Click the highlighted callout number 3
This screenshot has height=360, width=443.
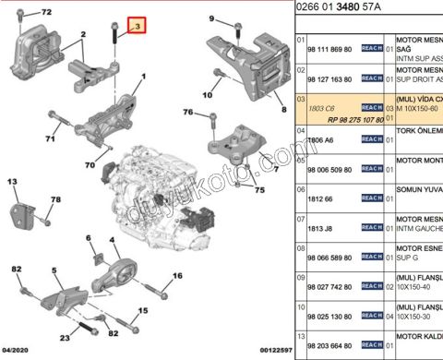(x=137, y=28)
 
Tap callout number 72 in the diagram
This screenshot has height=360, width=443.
(x=46, y=13)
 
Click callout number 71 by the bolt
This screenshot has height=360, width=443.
(x=51, y=139)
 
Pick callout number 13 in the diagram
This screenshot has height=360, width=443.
(x=14, y=184)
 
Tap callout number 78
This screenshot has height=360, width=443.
(x=56, y=200)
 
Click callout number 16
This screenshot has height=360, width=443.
(x=176, y=275)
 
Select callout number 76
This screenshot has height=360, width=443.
(x=187, y=113)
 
